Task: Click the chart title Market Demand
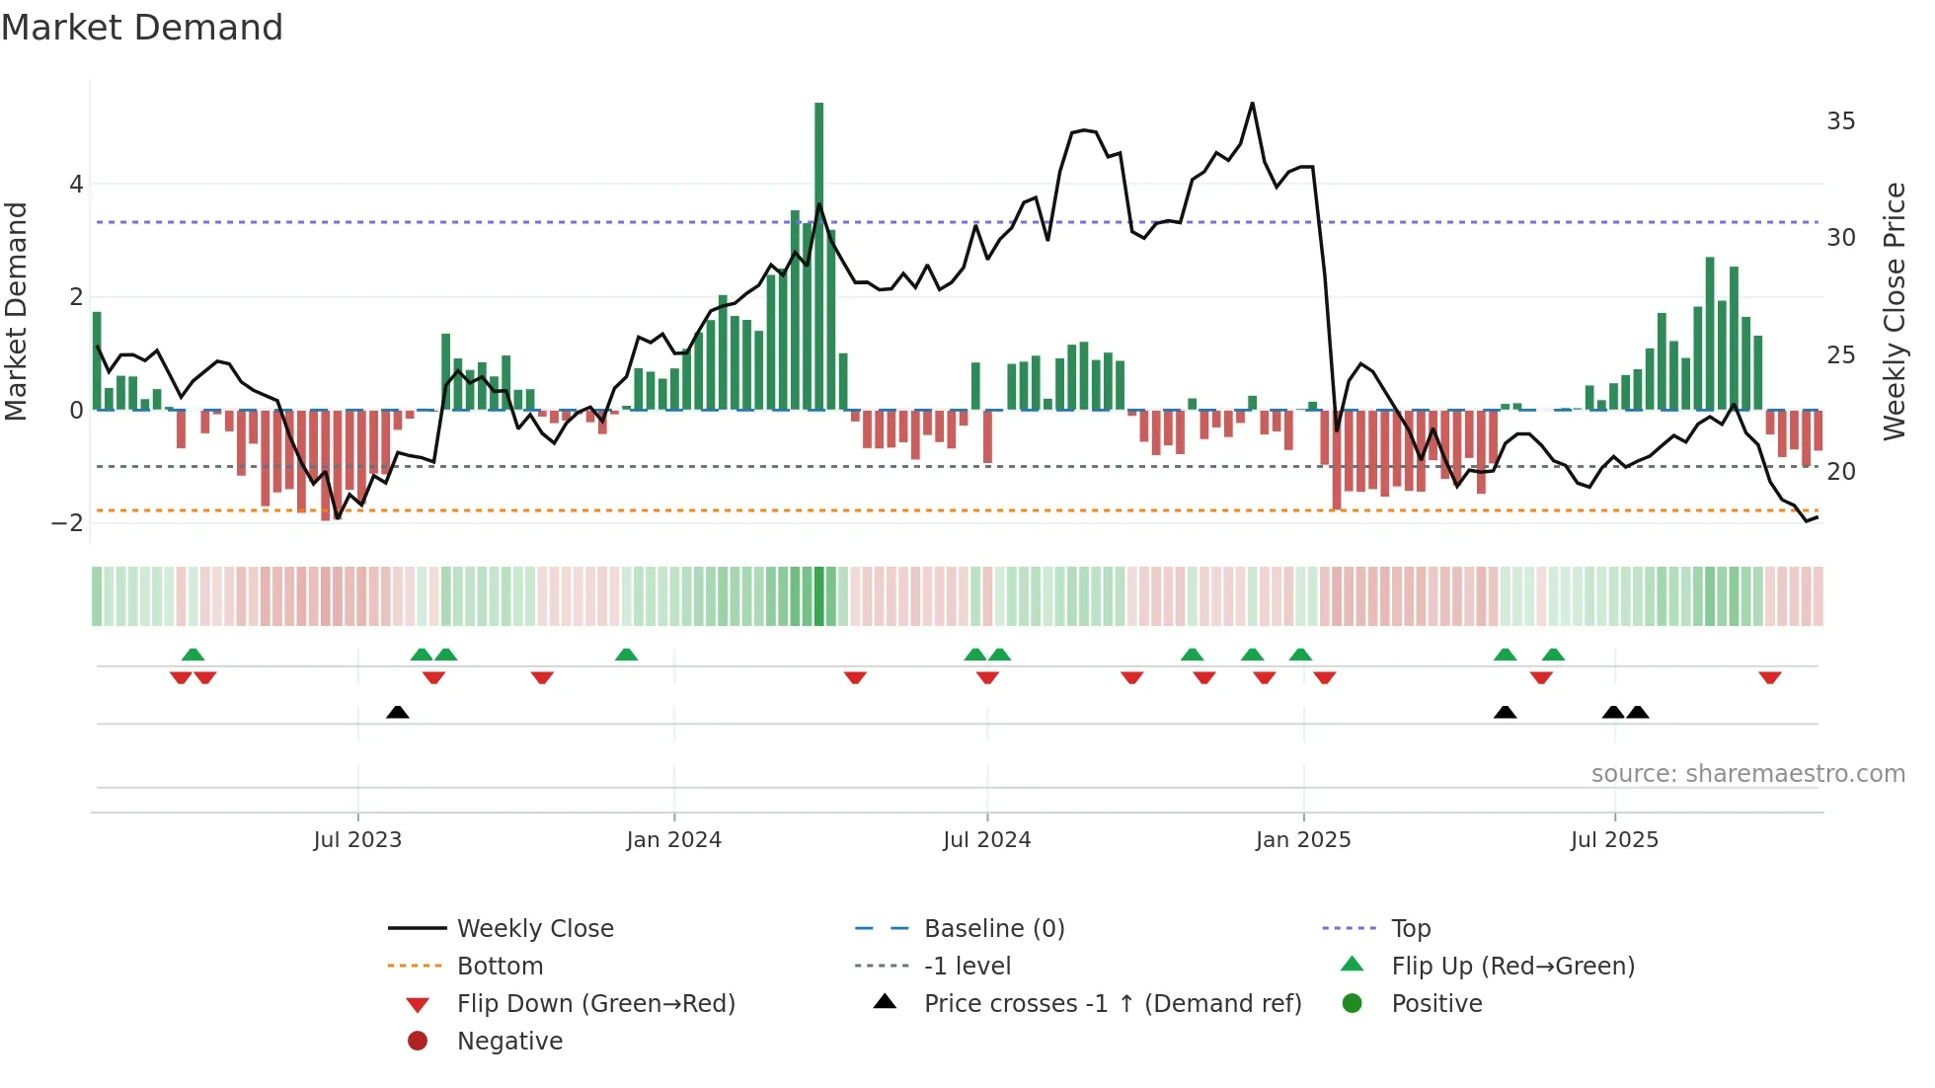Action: [142, 28]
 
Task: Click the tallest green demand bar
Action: [818, 257]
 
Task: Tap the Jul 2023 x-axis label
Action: [357, 840]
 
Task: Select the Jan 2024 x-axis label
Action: [673, 840]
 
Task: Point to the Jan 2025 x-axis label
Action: [1302, 840]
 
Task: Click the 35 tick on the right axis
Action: [1840, 121]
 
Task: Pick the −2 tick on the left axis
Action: [68, 522]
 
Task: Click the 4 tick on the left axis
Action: [76, 185]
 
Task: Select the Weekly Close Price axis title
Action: [1894, 311]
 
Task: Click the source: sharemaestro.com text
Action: [1747, 774]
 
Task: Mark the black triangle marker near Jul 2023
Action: [397, 713]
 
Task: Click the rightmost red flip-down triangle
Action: [1769, 677]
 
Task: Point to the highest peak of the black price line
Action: [1252, 103]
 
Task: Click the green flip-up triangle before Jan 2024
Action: [626, 655]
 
